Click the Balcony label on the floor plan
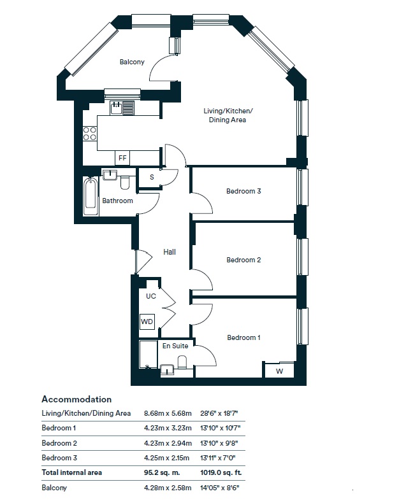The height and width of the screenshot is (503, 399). click(132, 62)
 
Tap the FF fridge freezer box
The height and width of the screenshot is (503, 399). click(122, 158)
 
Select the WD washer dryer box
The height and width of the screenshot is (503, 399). click(147, 322)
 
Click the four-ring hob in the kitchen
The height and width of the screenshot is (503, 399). click(90, 134)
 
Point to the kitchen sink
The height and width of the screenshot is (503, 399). click(122, 108)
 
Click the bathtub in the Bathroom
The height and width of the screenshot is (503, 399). click(91, 196)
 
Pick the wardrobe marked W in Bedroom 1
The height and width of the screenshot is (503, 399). click(279, 371)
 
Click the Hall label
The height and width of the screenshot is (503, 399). click(170, 252)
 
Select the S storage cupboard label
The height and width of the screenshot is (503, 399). click(152, 177)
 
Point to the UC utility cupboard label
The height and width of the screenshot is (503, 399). click(151, 296)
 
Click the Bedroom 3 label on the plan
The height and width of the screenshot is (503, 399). click(243, 191)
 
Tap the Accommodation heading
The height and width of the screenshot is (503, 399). click(76, 399)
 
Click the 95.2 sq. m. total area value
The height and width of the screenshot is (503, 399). click(162, 472)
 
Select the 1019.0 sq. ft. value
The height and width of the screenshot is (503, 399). click(221, 472)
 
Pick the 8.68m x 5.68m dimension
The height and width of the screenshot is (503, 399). click(168, 413)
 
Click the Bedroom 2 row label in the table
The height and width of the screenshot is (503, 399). click(59, 443)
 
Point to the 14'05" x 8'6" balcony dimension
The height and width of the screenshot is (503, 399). click(220, 488)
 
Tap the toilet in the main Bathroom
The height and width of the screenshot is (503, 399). click(125, 183)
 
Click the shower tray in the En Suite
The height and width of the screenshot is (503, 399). click(149, 354)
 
